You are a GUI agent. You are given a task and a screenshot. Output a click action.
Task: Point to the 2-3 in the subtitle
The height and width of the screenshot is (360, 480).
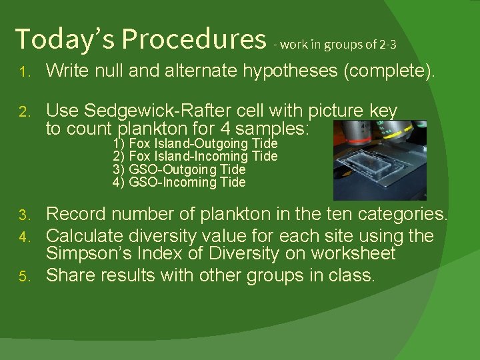388,45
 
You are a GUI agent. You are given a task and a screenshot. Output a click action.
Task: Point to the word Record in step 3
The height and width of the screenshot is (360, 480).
76,215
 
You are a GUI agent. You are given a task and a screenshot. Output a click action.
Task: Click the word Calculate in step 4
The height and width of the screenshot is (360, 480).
85,236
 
